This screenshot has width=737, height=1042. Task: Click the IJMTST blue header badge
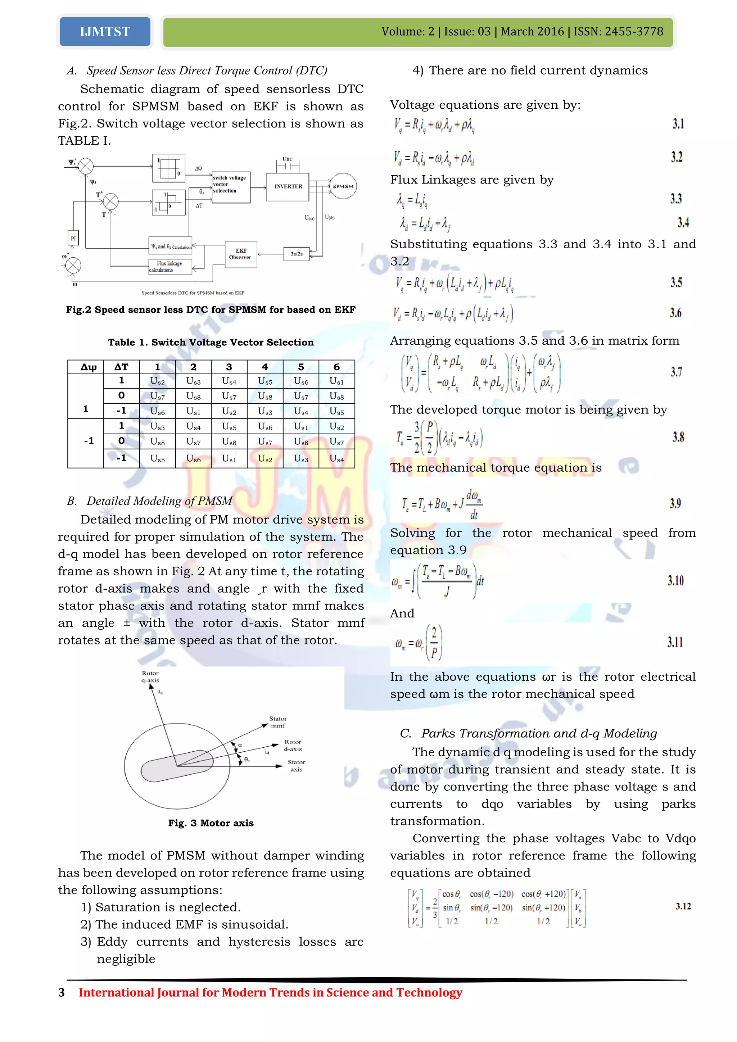(105, 32)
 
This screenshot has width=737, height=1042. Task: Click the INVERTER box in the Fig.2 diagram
(288, 186)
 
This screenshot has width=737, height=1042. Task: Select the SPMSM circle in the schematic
(343, 186)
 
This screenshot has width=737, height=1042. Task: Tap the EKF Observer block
(240, 254)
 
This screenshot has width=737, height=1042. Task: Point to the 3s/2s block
(296, 254)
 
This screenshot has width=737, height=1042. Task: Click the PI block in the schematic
(73, 238)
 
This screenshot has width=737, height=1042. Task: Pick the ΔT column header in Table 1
(121, 367)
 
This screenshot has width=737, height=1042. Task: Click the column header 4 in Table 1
(264, 367)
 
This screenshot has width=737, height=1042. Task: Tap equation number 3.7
(676, 372)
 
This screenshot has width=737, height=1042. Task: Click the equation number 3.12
(683, 906)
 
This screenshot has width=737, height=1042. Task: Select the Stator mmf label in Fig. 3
(278, 722)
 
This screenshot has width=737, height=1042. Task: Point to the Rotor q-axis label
(150, 677)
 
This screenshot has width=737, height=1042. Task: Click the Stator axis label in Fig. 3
(296, 766)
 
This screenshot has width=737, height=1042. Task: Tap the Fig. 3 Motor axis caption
(211, 823)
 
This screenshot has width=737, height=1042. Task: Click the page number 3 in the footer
(62, 993)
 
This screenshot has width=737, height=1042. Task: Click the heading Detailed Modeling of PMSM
(159, 501)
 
